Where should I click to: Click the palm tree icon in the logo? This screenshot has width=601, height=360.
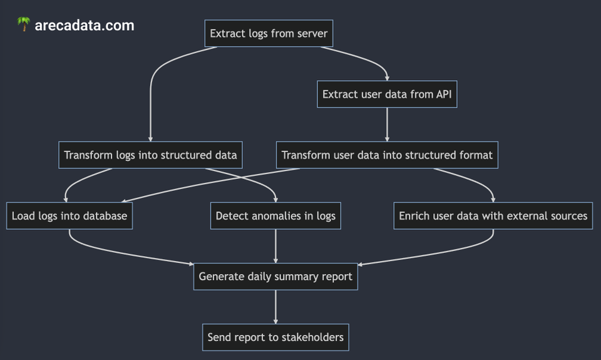point(24,25)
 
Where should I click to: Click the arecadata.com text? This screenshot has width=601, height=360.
point(85,26)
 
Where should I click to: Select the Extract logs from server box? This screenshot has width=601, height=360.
point(269,33)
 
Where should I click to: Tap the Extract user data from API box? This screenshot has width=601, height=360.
point(387,95)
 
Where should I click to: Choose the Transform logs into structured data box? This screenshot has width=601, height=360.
point(150,155)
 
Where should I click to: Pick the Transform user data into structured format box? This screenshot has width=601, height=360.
point(387,155)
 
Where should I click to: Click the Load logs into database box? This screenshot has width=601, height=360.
point(69,216)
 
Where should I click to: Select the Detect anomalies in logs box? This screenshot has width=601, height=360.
point(275,216)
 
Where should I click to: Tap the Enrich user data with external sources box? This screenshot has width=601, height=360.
point(493,216)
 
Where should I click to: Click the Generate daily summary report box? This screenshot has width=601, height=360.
point(275,276)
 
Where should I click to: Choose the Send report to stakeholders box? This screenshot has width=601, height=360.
point(275,337)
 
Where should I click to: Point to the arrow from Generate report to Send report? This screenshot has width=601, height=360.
point(275,307)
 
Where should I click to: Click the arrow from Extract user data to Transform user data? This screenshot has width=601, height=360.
point(387,124)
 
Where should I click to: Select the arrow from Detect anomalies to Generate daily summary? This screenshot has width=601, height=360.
point(275,245)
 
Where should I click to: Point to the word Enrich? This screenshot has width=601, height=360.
point(414,216)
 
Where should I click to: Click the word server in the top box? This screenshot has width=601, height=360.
point(312,33)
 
